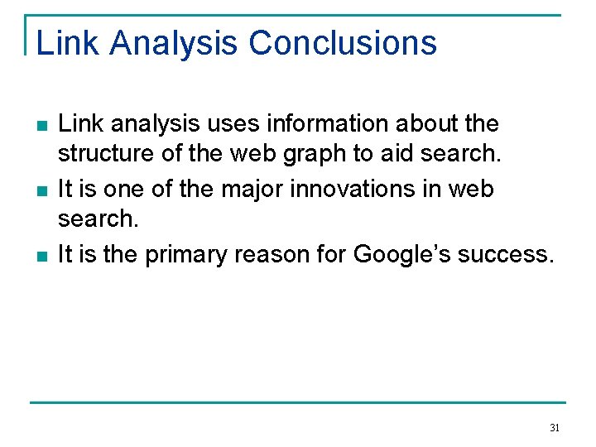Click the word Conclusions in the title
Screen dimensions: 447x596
(343, 43)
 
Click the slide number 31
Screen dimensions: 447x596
(555, 428)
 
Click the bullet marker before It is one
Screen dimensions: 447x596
(41, 191)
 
